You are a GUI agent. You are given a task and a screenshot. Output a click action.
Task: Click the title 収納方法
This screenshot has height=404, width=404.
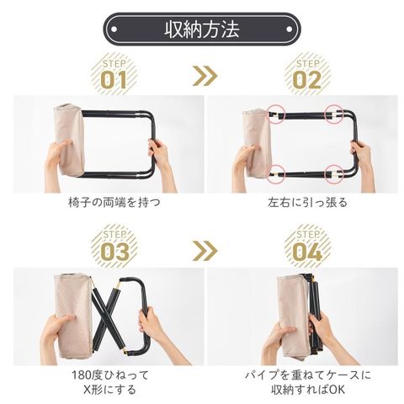coord(202,29)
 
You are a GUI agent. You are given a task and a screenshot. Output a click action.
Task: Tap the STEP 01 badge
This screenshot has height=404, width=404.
coord(114,74)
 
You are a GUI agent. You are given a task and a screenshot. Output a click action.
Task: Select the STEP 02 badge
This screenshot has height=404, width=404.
coord(307,74)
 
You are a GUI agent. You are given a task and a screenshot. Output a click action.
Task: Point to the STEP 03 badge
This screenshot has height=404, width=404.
coord(114,247)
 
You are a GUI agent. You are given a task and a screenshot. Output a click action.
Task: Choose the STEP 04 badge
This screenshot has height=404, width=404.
coord(307,247)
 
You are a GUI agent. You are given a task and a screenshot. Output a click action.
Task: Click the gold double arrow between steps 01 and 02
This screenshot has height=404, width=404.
coord(205,76)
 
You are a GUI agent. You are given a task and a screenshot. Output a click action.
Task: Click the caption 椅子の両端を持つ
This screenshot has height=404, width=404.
coord(114,202)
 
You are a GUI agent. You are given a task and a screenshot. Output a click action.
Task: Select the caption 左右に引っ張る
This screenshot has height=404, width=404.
coord(307,202)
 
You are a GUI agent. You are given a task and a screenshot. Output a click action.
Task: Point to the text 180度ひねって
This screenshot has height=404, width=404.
coord(110,375)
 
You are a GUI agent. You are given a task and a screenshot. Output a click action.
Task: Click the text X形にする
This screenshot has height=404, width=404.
coord(109,390)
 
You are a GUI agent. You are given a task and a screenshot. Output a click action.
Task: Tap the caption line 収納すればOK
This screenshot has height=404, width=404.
coord(308,390)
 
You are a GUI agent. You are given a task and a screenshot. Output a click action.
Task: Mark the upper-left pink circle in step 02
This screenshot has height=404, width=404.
coord(276,114)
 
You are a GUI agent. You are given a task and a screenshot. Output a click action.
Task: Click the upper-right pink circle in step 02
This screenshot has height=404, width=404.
coord(333,114)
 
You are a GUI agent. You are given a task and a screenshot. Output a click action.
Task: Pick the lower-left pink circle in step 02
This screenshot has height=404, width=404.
coord(276,174)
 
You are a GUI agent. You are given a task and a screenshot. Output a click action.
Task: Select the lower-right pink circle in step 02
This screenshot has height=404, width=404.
coord(333,174)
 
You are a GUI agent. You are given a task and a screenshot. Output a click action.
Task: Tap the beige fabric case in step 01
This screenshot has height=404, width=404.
coord(69,140)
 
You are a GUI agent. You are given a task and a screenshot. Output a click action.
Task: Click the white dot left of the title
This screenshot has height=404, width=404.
coord(114,29)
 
